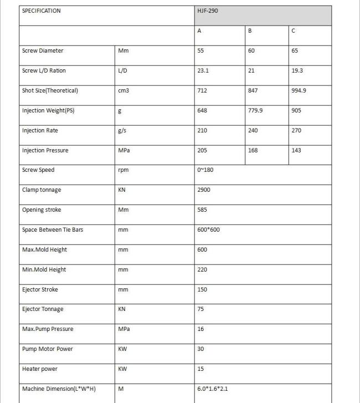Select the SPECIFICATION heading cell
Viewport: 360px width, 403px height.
(x=42, y=11)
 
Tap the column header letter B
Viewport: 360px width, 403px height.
(x=250, y=31)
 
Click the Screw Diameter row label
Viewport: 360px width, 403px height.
(x=43, y=51)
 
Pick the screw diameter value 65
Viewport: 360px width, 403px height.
(x=295, y=51)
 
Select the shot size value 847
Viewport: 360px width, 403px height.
(x=253, y=91)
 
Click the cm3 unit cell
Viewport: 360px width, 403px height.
(x=124, y=91)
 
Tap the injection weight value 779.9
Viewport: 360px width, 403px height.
(x=255, y=111)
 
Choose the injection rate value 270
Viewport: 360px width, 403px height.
(x=296, y=131)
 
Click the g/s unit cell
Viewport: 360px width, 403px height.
(x=122, y=131)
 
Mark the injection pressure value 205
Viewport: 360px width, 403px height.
(x=202, y=151)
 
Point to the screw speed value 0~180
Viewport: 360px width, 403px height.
(x=204, y=170)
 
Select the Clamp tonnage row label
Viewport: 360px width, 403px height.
(x=42, y=190)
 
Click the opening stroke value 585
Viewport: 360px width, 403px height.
(x=202, y=210)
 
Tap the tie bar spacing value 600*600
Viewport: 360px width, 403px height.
(x=208, y=229)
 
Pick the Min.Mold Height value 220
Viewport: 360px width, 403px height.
(x=202, y=269)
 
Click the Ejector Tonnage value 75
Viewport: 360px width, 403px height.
(x=200, y=309)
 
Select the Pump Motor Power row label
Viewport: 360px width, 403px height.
(x=47, y=349)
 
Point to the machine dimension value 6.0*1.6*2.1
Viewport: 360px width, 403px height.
(x=213, y=389)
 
